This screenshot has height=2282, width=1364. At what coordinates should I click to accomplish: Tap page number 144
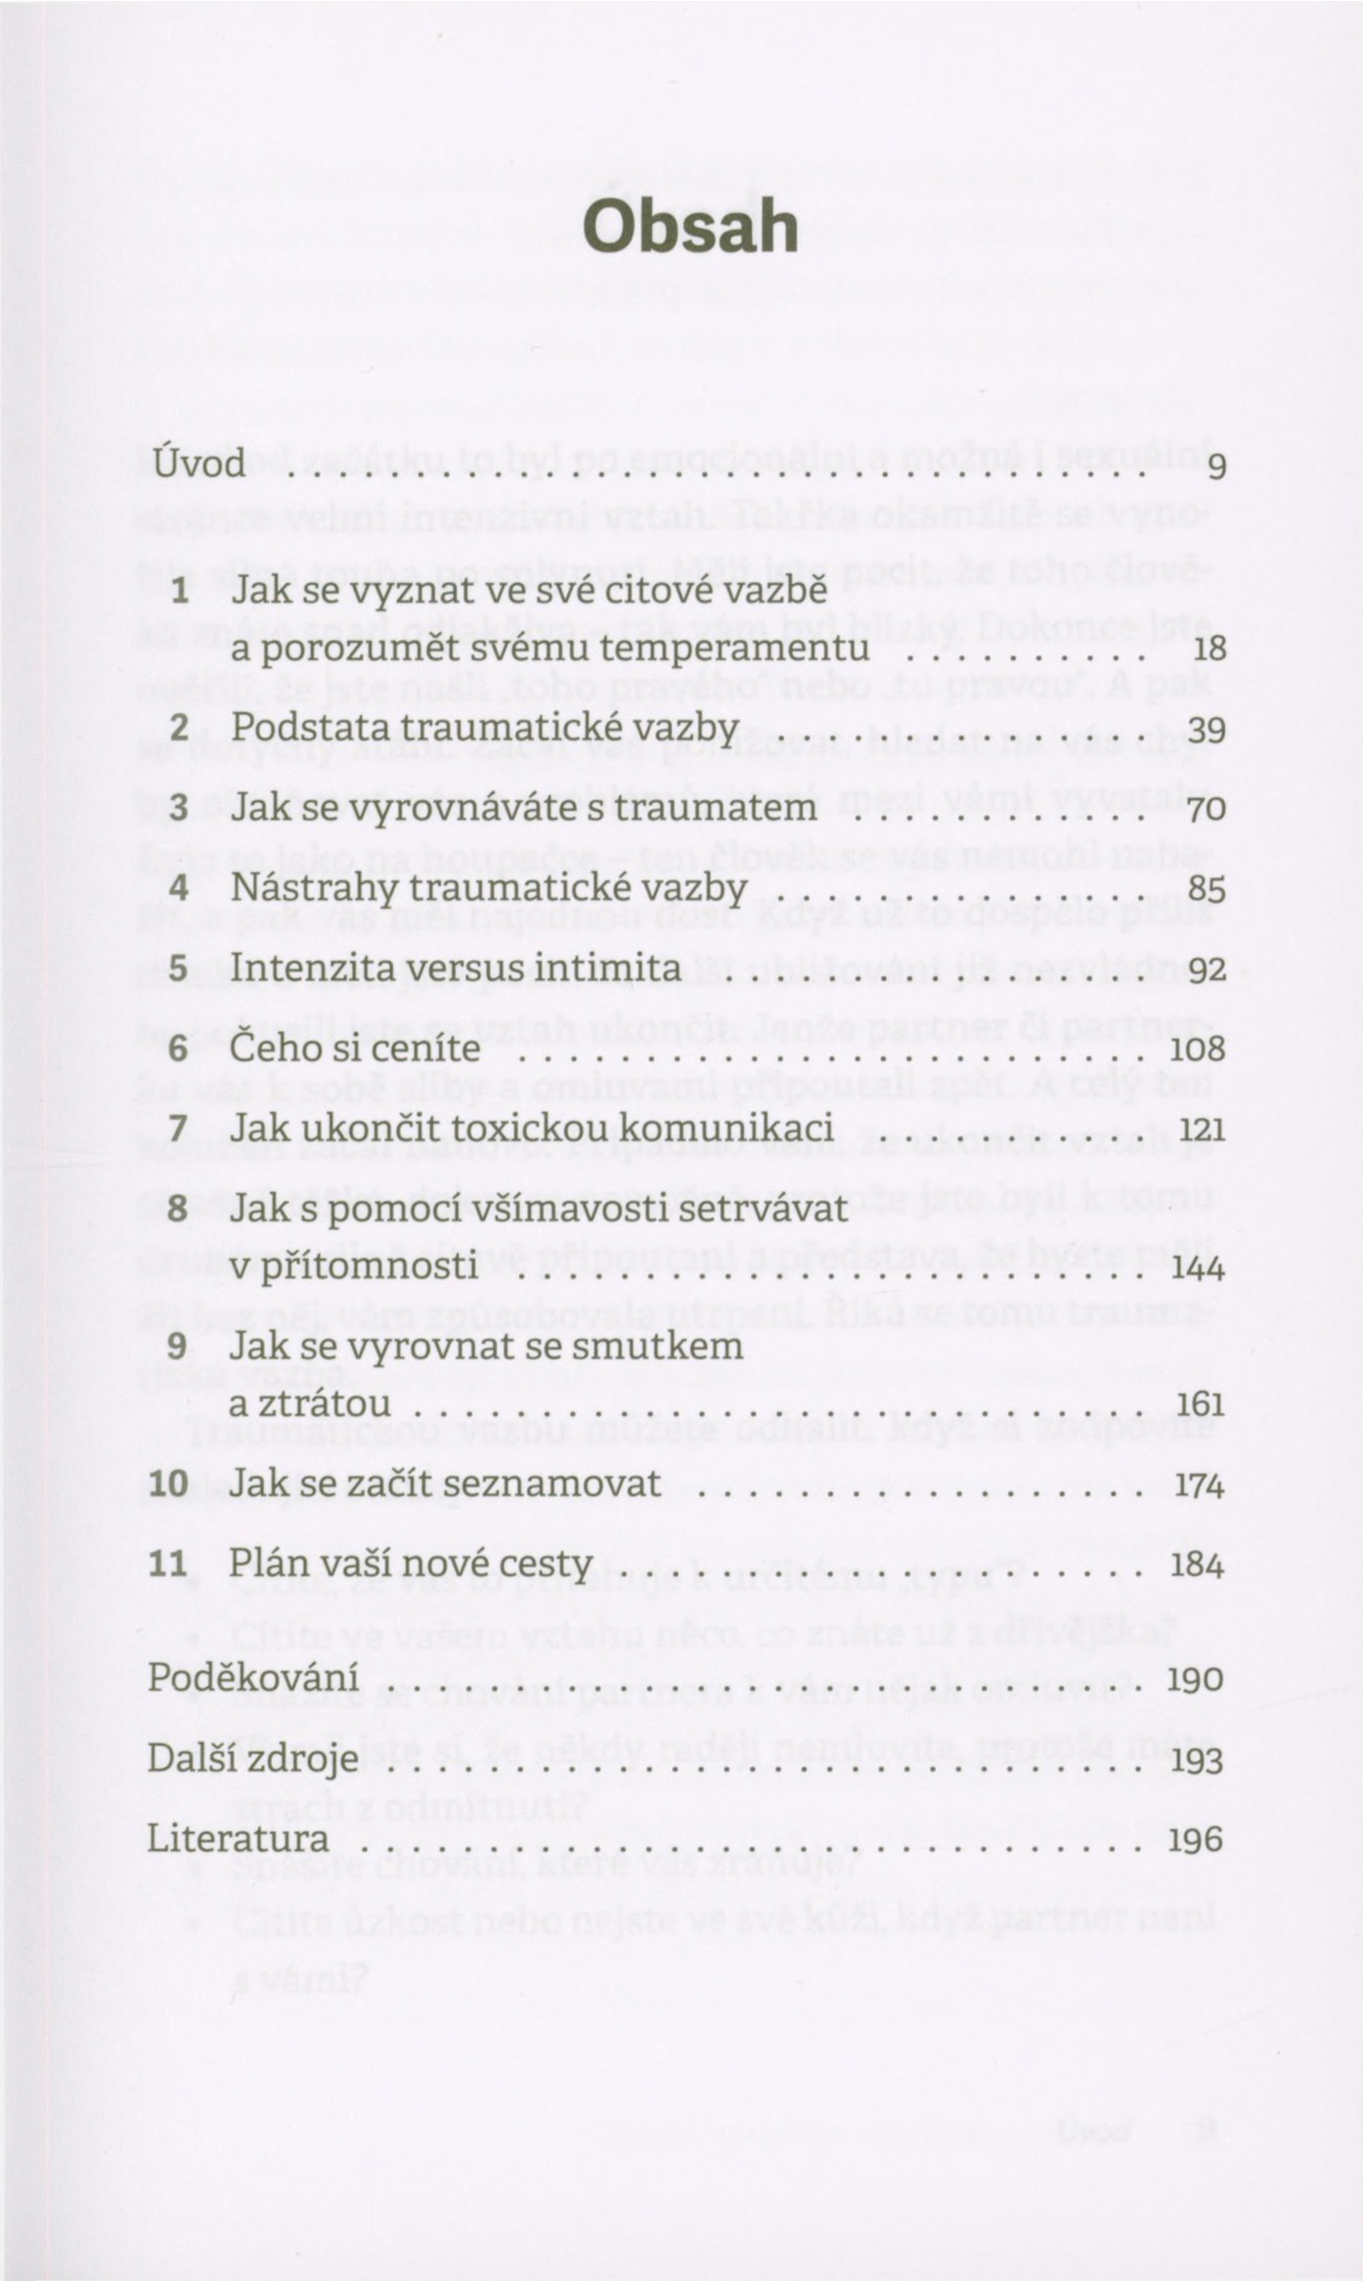point(1198,1269)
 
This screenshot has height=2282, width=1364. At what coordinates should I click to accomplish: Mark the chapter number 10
point(168,1484)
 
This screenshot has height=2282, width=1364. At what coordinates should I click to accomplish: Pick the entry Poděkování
point(252,1678)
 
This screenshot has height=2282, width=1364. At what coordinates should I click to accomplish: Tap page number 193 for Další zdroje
point(1197,1761)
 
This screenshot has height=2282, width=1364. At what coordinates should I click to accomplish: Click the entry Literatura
point(238,1839)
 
